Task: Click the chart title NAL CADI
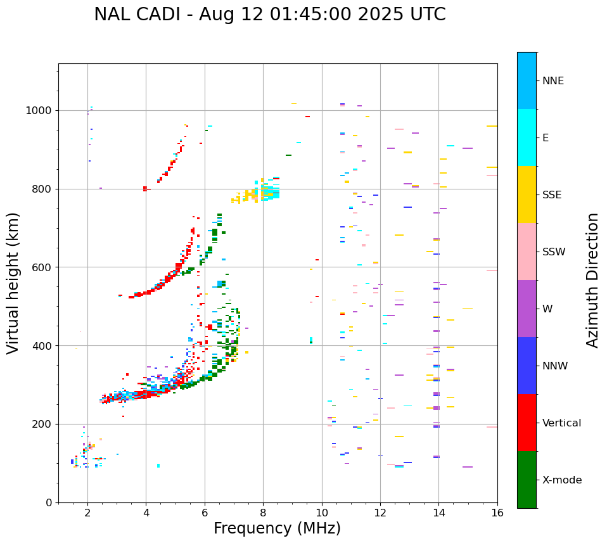point(269,15)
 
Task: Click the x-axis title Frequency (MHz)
point(277,528)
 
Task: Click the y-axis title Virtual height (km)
point(13,283)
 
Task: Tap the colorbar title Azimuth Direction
point(592,280)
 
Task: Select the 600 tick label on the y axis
point(44,267)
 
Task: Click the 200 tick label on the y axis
point(44,424)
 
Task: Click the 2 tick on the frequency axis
point(87,513)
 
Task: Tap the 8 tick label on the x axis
point(263,513)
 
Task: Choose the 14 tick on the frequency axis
point(438,513)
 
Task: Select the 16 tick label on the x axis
point(497,513)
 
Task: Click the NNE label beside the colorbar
point(553,81)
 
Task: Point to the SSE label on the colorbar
point(552,195)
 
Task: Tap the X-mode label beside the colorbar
point(562,480)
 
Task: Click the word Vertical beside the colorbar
point(561,423)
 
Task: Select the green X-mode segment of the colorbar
point(527,480)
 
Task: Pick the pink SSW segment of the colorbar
point(527,252)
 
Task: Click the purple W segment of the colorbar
point(527,309)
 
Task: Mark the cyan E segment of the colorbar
point(527,137)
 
